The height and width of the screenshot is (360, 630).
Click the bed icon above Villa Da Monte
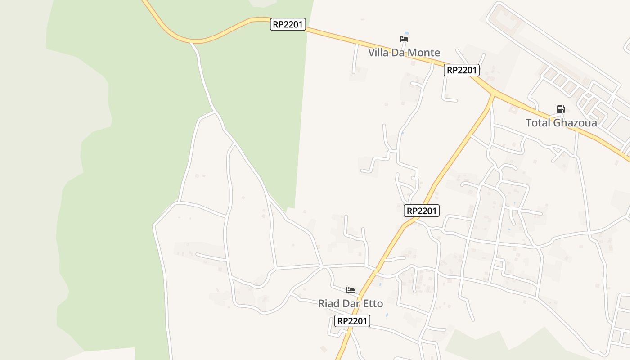[404, 39]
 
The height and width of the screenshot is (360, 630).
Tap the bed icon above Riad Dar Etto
[351, 290]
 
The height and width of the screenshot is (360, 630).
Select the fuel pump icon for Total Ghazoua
[561, 109]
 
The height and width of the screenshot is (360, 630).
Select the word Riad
[328, 304]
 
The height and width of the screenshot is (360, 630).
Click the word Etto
[371, 304]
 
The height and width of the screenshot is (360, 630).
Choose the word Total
[538, 123]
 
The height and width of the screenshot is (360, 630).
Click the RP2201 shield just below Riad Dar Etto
[352, 321]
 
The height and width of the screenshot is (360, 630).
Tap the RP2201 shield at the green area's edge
[288, 24]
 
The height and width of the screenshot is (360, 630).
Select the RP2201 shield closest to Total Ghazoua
[461, 70]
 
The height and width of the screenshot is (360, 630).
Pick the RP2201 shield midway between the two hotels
[422, 211]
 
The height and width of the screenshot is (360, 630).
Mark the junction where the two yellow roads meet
[494, 94]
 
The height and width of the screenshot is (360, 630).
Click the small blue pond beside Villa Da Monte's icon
[407, 34]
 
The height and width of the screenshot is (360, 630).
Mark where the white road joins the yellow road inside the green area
[193, 43]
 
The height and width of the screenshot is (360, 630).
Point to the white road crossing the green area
[205, 81]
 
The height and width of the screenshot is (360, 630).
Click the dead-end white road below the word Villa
[355, 58]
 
